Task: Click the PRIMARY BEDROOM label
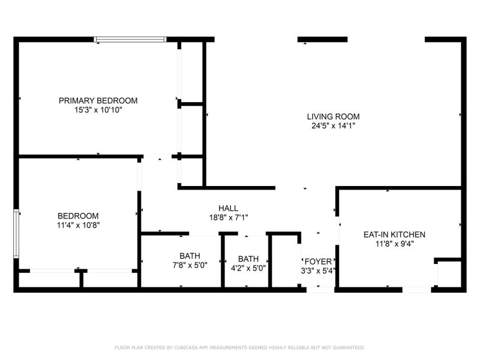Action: (98, 100)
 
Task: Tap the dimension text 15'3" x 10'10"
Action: (98, 110)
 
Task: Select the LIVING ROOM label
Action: (333, 116)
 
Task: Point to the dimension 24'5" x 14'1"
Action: (333, 126)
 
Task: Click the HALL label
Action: (228, 208)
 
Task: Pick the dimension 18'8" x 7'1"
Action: (229, 218)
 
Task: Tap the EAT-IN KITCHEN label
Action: (394, 235)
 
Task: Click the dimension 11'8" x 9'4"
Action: (395, 244)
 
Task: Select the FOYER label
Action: (318, 262)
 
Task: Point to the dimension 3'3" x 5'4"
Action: (318, 271)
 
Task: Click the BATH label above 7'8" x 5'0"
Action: (190, 256)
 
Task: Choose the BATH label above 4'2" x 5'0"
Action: (248, 259)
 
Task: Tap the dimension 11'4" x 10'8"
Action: (79, 226)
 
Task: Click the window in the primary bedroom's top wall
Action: (130, 40)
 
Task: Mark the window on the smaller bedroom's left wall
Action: (16, 233)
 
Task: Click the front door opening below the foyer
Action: (320, 290)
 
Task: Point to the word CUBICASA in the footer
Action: (186, 347)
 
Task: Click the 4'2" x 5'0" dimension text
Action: (248, 268)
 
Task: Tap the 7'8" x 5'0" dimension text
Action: (190, 265)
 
